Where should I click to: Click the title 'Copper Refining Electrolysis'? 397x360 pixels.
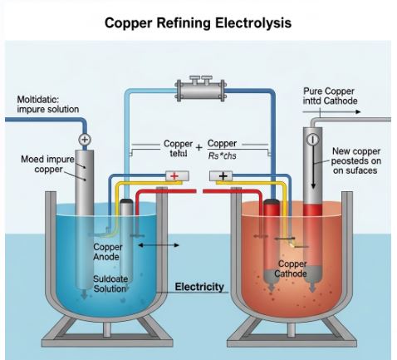pyautogui.click(x=198, y=22)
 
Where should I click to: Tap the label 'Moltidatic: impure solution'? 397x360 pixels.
pyautogui.click(x=48, y=104)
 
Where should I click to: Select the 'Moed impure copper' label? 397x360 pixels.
pyautogui.click(x=46, y=165)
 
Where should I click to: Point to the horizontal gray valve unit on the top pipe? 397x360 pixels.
pyautogui.click(x=198, y=86)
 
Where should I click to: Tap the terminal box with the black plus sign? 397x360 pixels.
pyautogui.click(x=223, y=175)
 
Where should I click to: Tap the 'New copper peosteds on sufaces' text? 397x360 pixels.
pyautogui.click(x=355, y=161)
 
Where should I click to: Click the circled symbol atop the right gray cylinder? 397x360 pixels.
pyautogui.click(x=312, y=140)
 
